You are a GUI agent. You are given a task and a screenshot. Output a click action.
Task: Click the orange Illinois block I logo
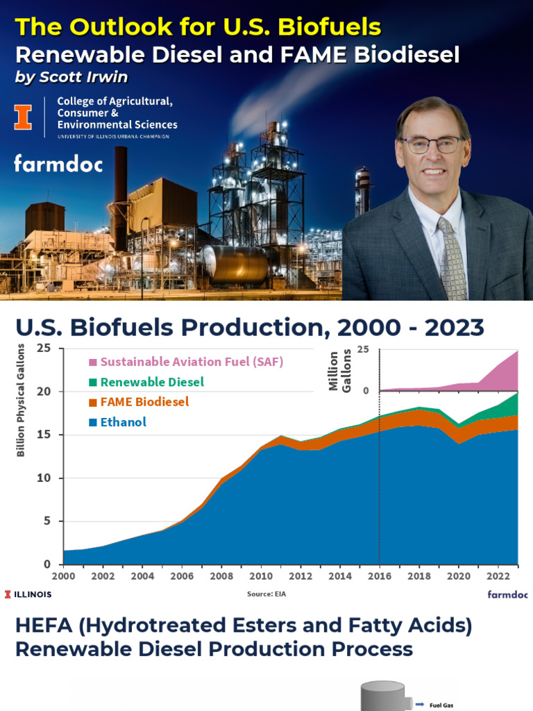pyautogui.click(x=24, y=117)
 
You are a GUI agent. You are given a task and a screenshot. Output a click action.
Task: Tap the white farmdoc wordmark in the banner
pyautogui.click(x=58, y=164)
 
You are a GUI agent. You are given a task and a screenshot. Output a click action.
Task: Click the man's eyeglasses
pyautogui.click(x=432, y=144)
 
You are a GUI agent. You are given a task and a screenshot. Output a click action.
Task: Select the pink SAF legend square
pyautogui.click(x=92, y=362)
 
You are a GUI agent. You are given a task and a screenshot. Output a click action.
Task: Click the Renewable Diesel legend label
pyautogui.click(x=152, y=382)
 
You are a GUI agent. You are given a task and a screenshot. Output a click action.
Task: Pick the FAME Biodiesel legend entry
pyautogui.click(x=144, y=402)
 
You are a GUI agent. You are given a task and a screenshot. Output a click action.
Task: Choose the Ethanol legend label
pyautogui.click(x=123, y=422)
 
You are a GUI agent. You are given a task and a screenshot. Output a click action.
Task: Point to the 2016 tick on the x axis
pyautogui.click(x=379, y=576)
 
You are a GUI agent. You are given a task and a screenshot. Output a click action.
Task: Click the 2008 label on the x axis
pyautogui.click(x=221, y=576)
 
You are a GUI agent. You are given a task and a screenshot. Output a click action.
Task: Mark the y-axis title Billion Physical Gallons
pyautogui.click(x=21, y=400)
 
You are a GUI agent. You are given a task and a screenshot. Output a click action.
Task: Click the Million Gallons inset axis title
pyautogui.click(x=339, y=371)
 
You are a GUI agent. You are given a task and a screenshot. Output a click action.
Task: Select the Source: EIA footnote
pyautogui.click(x=266, y=594)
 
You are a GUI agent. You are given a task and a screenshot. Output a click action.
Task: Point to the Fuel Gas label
pyautogui.click(x=442, y=705)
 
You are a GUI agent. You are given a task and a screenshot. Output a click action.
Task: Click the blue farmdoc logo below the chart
pyautogui.click(x=507, y=594)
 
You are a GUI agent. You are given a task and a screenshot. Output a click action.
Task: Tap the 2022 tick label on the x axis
pyautogui.click(x=497, y=576)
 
